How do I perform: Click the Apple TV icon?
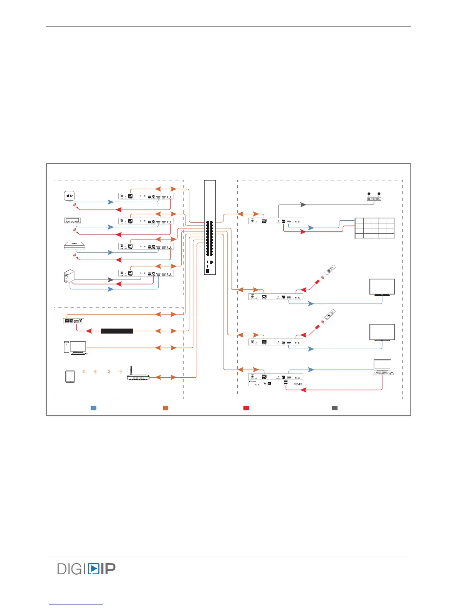point(69,196)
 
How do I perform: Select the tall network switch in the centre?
point(210,227)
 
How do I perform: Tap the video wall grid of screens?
point(374,228)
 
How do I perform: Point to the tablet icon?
point(70,376)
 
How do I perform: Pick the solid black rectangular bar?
point(117,331)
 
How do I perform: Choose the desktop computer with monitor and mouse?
point(76,348)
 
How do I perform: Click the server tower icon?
point(69,277)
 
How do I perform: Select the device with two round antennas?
point(374,197)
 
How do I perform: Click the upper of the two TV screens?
point(382,287)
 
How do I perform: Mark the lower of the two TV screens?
point(382,332)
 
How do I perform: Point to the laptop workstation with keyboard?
point(383,367)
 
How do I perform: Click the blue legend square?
point(93,408)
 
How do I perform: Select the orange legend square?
point(165,408)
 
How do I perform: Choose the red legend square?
point(246,408)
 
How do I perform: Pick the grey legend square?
point(335,408)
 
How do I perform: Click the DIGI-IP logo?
point(86,568)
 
